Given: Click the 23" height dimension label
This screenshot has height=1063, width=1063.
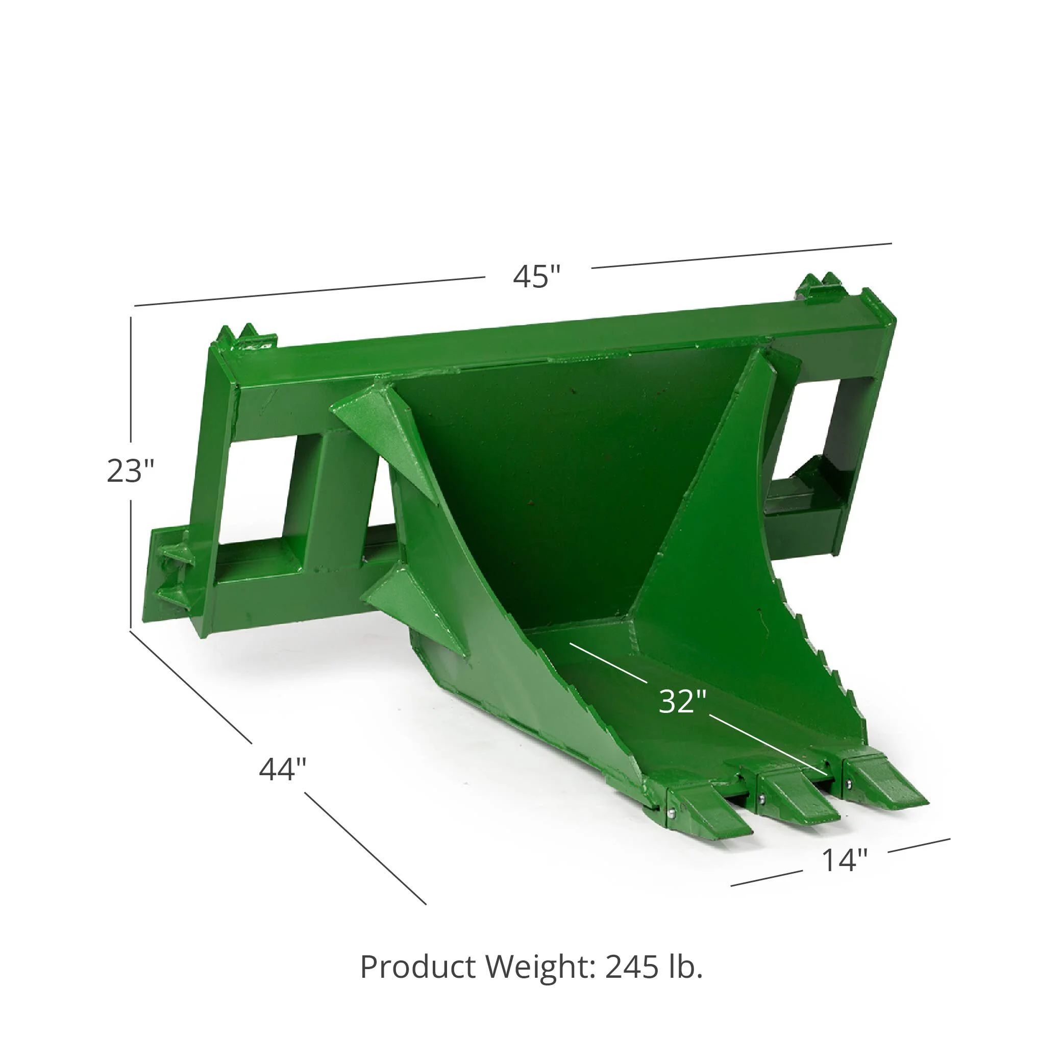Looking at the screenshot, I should click(131, 471).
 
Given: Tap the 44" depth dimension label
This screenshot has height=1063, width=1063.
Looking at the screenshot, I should click(282, 769).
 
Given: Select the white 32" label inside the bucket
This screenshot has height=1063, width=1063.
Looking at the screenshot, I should click(682, 702).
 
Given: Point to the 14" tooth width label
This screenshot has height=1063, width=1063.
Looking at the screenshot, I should click(845, 859).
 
